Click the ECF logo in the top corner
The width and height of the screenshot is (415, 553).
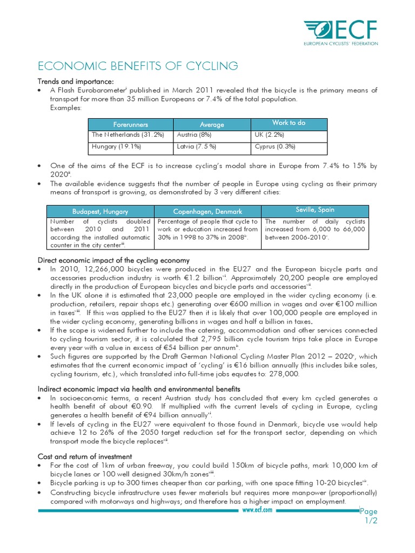coord(340,33)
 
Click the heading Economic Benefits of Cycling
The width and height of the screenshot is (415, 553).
coord(137,66)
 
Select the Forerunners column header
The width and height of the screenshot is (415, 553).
coord(130,124)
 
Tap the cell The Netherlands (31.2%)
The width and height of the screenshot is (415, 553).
coord(128,135)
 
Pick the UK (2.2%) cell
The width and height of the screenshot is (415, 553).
coord(267,135)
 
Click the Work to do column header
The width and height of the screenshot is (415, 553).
coord(289,123)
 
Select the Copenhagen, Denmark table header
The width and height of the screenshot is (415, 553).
coord(207,211)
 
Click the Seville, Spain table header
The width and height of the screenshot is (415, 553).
coord(314,210)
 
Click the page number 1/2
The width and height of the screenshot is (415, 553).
coord(369,520)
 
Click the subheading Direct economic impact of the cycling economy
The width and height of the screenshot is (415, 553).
coord(113,260)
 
